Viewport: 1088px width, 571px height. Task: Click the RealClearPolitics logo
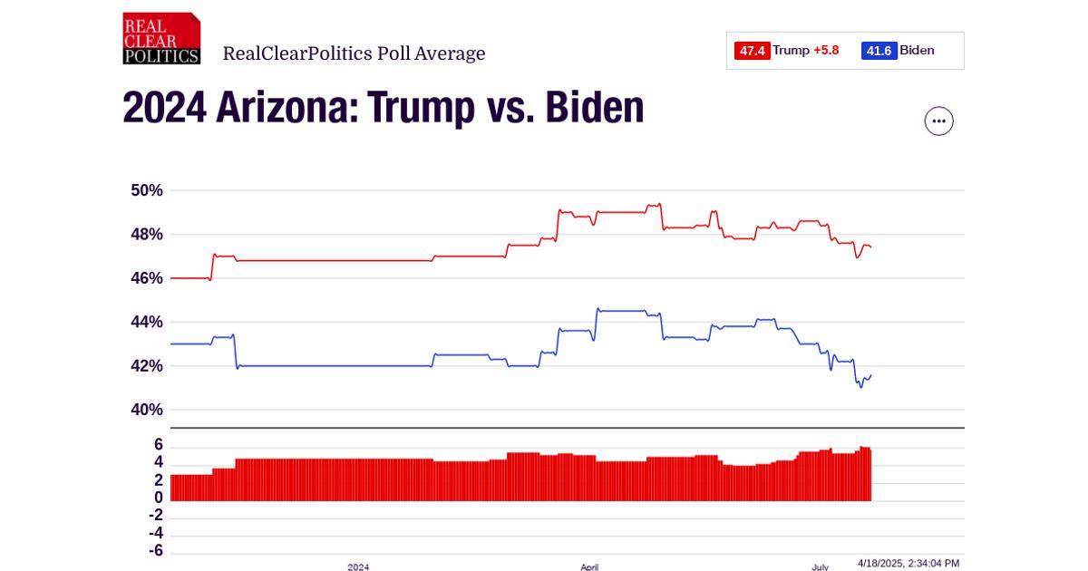pyautogui.click(x=161, y=38)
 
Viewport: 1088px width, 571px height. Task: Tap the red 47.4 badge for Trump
pyautogui.click(x=753, y=51)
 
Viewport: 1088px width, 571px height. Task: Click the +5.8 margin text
pyautogui.click(x=826, y=51)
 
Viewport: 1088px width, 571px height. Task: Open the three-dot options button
pyautogui.click(x=938, y=121)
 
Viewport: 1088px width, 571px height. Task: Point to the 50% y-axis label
pyautogui.click(x=145, y=190)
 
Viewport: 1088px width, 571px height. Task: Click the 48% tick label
pyautogui.click(x=145, y=234)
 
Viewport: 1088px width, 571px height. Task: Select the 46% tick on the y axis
pyautogui.click(x=145, y=278)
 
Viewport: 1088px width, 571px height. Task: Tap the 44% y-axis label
pyautogui.click(x=145, y=322)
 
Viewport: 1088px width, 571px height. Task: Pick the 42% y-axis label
pyautogui.click(x=145, y=366)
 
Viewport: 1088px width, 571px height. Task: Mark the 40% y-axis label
pyautogui.click(x=145, y=410)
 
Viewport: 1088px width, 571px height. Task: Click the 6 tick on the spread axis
pyautogui.click(x=158, y=445)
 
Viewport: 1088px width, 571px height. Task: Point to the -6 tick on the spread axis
pyautogui.click(x=155, y=551)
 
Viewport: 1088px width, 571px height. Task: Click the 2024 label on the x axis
pyautogui.click(x=358, y=566)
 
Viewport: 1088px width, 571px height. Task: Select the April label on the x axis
pyautogui.click(x=589, y=566)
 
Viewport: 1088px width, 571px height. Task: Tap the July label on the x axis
pyautogui.click(x=820, y=566)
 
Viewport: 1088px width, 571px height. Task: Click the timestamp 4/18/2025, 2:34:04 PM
pyautogui.click(x=908, y=563)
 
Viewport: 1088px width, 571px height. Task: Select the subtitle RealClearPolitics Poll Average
pyautogui.click(x=354, y=53)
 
